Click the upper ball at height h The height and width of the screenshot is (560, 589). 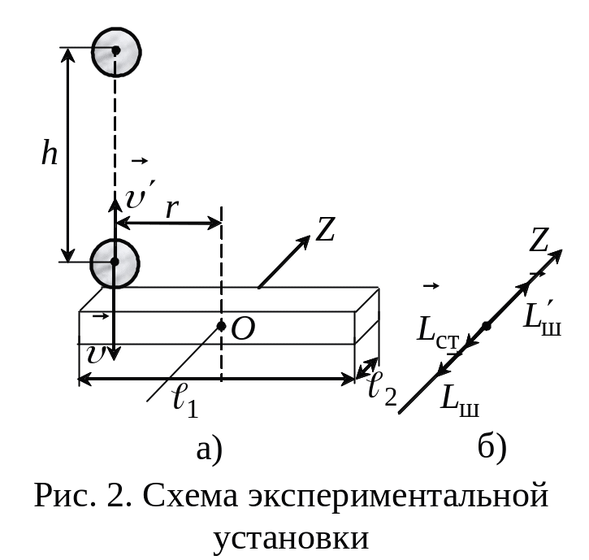[116, 52]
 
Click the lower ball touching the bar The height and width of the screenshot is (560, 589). [115, 263]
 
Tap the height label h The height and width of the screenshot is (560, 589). [50, 152]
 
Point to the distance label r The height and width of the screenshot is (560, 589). [171, 208]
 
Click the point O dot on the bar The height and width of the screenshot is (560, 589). [222, 326]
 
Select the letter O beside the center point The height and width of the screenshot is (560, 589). [243, 329]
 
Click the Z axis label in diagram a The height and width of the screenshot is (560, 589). [324, 229]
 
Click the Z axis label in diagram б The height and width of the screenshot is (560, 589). [539, 240]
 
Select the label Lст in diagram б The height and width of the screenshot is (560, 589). [439, 331]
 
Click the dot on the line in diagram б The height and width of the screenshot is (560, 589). [487, 326]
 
